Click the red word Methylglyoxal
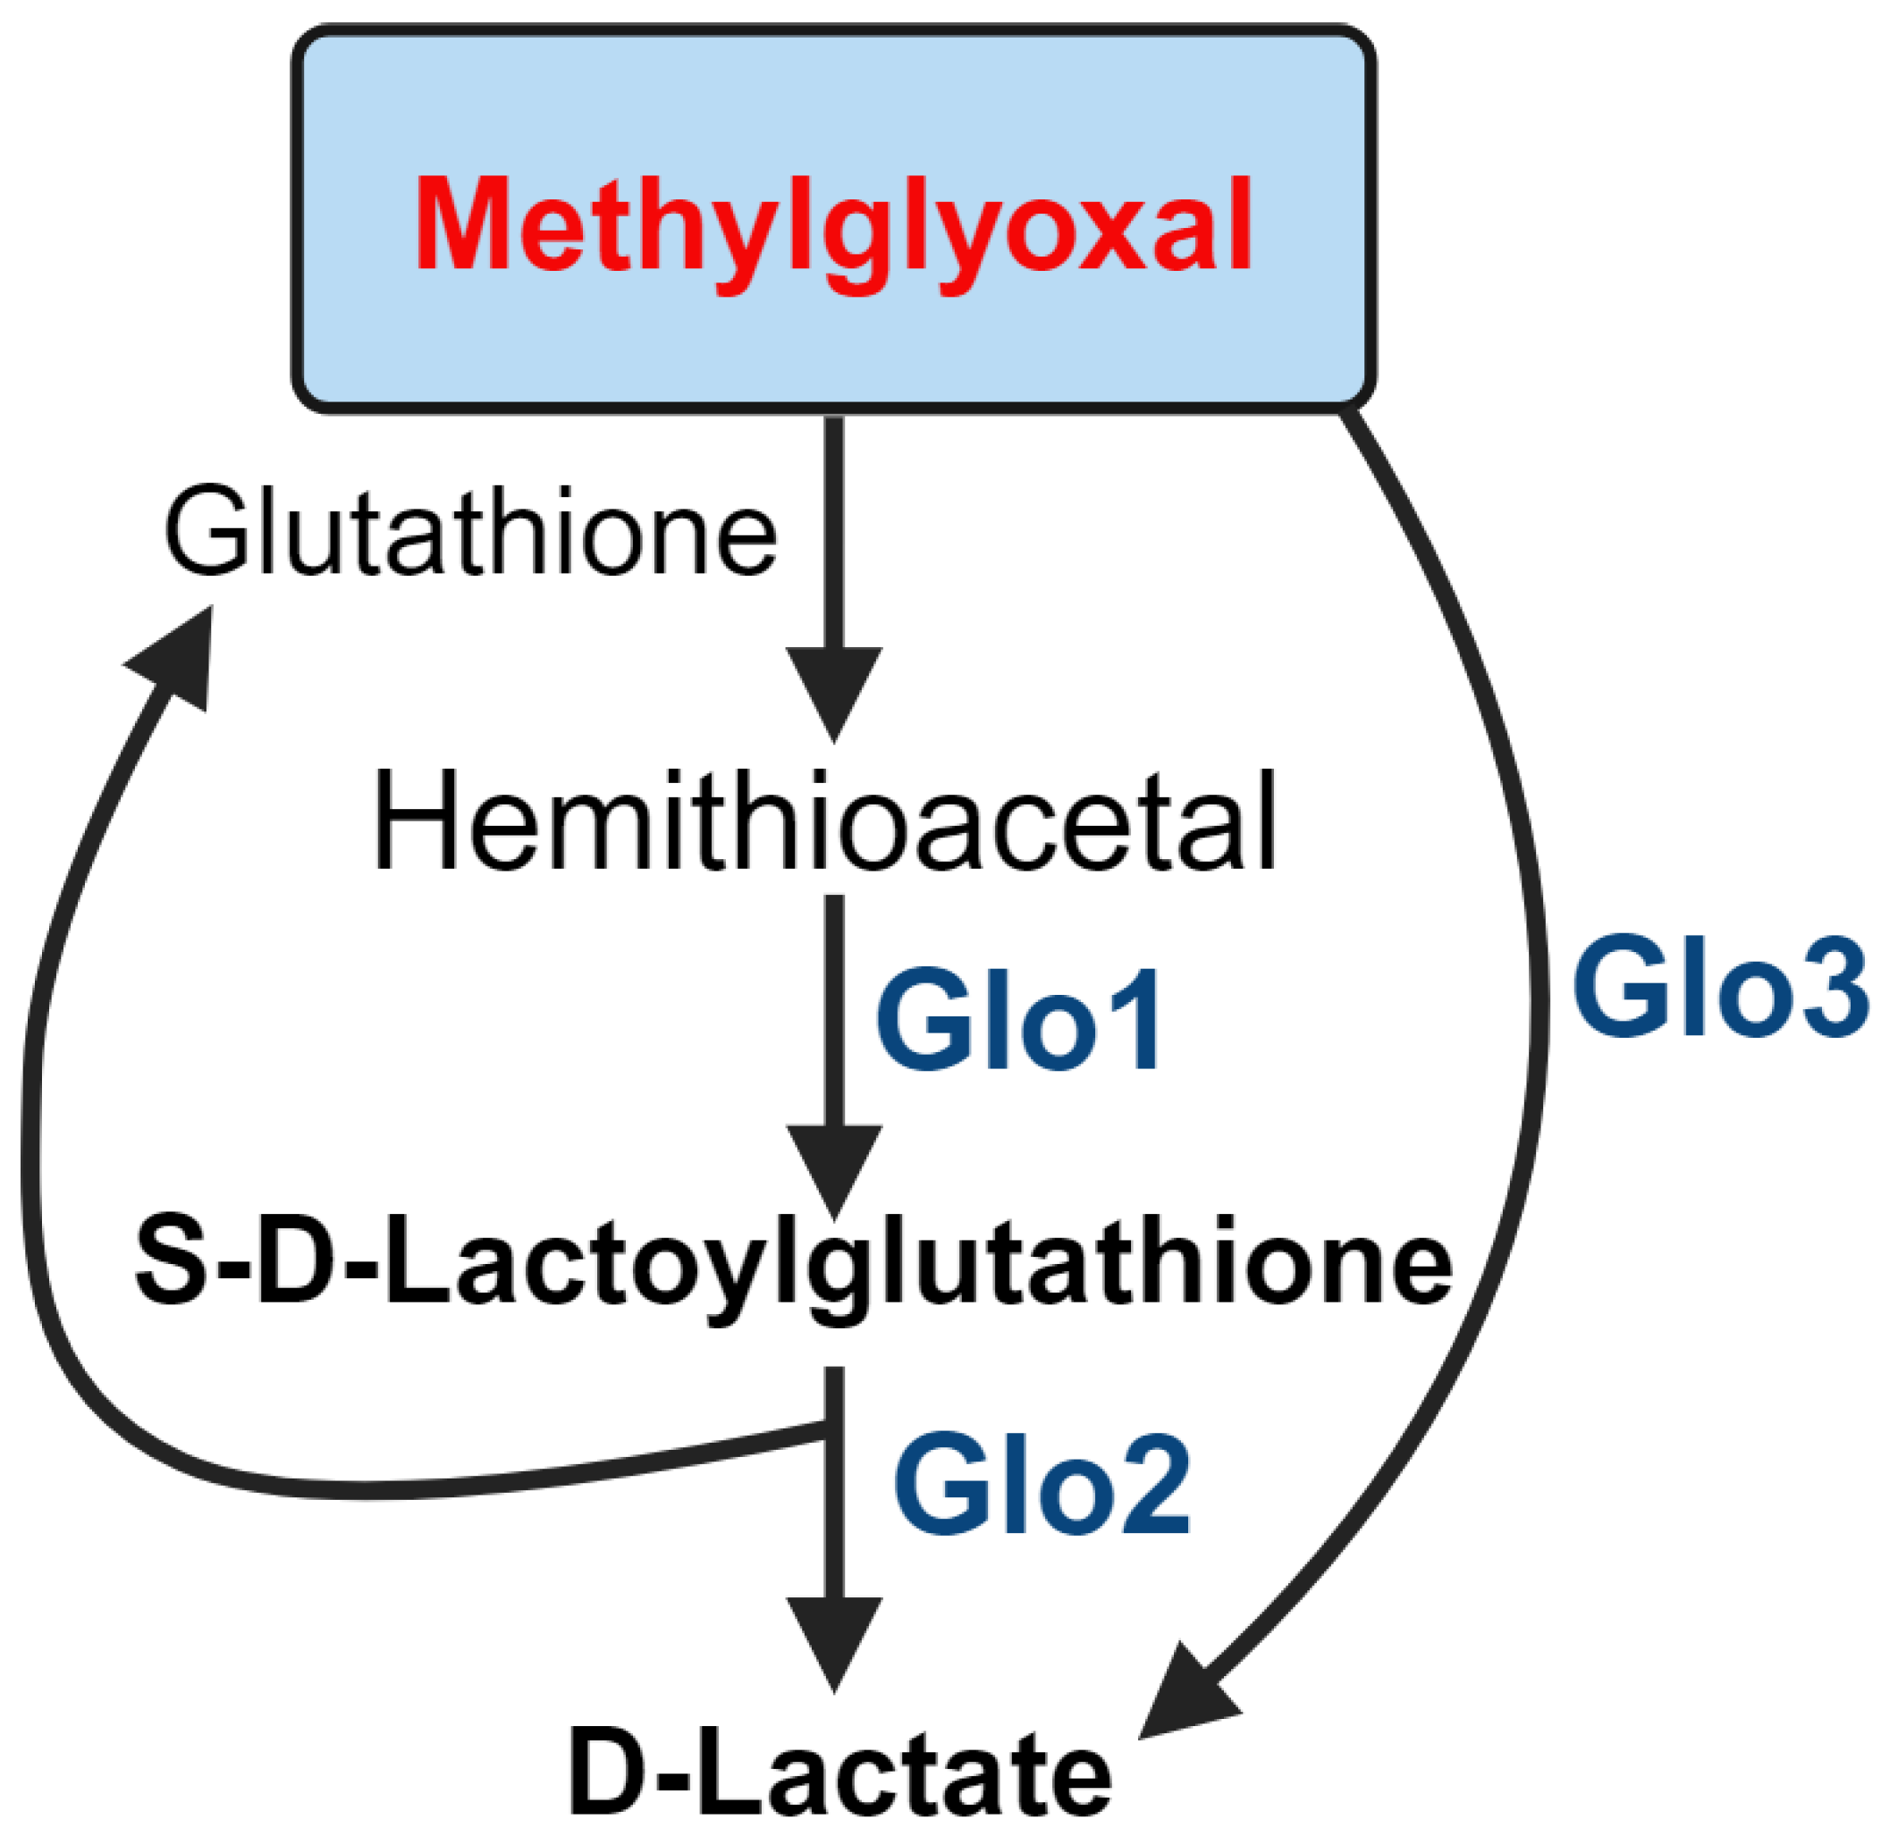coord(833,224)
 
